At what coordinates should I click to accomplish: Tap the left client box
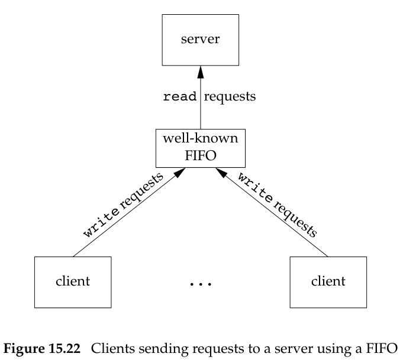[x=73, y=280]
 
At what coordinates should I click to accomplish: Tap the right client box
[x=329, y=280]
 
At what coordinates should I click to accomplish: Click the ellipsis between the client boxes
[x=201, y=285]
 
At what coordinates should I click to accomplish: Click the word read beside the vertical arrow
[x=179, y=97]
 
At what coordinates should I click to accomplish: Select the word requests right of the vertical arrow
[x=230, y=97]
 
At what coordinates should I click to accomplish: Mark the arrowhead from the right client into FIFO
[x=221, y=172]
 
